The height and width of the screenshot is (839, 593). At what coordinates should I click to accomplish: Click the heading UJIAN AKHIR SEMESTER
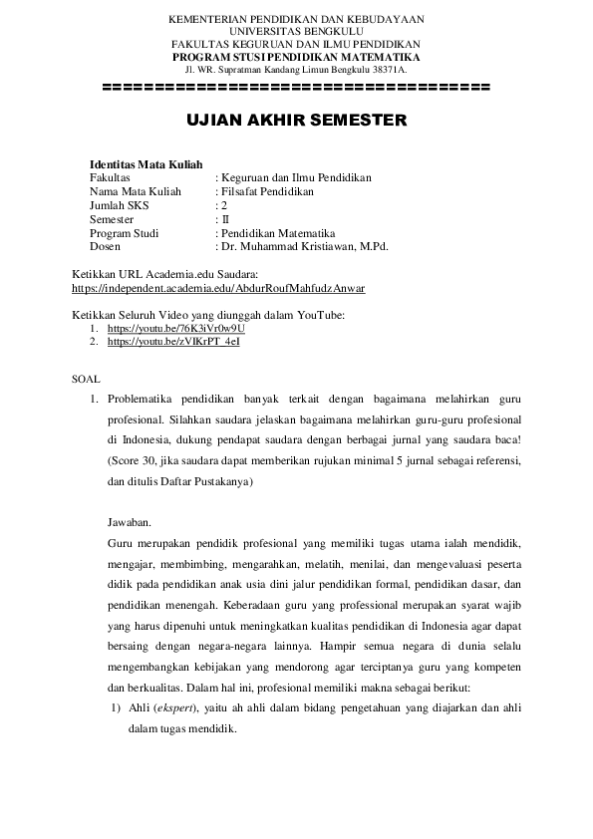296,121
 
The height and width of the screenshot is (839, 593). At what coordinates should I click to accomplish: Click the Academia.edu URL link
219,289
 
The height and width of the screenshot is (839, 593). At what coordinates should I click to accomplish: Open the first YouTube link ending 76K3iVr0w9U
176,328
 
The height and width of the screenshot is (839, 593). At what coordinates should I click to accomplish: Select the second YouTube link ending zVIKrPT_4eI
173,341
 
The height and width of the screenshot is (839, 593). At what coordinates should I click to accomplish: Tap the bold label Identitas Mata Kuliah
147,163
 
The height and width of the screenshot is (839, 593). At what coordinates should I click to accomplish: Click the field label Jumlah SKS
118,205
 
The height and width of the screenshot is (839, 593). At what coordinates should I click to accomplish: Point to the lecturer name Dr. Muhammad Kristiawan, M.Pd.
304,246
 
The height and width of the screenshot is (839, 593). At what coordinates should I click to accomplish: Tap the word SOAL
87,379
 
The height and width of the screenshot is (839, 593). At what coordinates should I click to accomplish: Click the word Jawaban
130,521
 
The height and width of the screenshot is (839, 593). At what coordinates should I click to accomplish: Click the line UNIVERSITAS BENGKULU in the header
296,32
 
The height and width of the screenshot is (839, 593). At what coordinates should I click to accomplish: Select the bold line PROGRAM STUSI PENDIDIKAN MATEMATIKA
296,57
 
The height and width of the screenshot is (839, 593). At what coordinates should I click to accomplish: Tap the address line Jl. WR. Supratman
296,69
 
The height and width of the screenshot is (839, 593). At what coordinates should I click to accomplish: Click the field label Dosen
105,246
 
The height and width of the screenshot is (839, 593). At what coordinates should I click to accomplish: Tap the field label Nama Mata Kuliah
129,191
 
